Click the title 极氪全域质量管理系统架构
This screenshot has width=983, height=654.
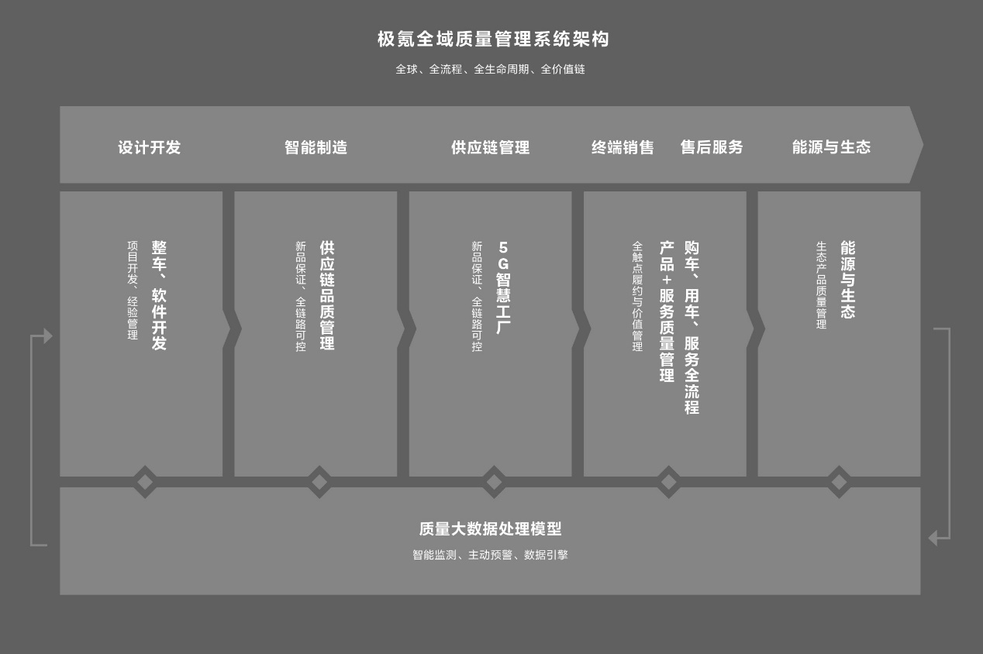493,40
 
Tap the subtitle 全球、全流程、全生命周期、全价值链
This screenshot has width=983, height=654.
490,69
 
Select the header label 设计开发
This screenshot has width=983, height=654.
149,147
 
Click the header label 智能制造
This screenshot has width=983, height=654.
316,147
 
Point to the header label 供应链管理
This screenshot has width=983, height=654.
490,147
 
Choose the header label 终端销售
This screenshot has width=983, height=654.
623,147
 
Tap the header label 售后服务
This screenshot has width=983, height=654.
712,147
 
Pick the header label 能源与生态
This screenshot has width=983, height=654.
831,147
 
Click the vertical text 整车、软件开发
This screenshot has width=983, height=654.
159,295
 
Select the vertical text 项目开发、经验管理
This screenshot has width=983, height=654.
133,290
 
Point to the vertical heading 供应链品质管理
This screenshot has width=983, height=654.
327,295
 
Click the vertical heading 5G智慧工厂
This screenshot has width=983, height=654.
503,287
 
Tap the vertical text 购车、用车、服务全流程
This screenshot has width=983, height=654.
692,327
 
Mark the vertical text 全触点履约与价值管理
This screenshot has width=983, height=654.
637,296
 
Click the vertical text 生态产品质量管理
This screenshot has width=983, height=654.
821,284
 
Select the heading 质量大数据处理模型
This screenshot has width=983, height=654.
490,529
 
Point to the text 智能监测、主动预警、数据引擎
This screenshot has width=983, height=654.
490,555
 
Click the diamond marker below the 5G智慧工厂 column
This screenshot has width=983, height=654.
494,482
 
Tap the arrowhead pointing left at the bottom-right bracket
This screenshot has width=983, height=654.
933,538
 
